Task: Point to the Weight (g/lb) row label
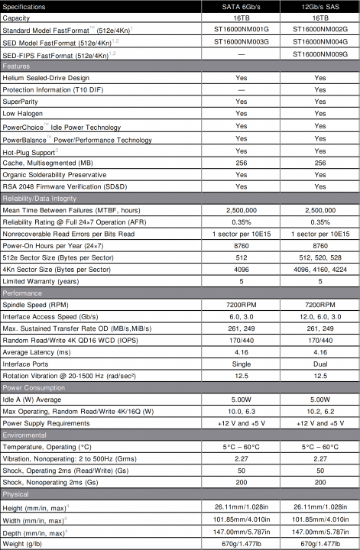[27, 545]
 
